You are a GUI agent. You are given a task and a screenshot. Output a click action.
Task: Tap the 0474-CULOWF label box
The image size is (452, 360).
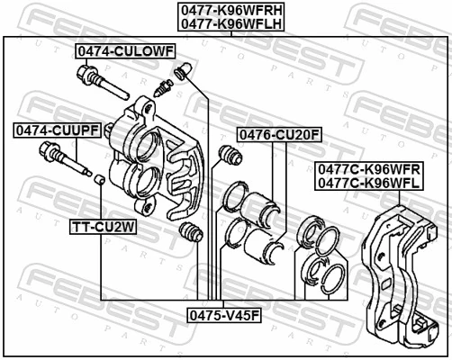pyautogui.click(x=124, y=51)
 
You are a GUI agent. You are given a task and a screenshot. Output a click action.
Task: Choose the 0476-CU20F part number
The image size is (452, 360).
pyautogui.click(x=279, y=135)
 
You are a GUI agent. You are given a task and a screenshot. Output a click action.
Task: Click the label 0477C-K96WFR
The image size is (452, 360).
pyautogui.click(x=368, y=168)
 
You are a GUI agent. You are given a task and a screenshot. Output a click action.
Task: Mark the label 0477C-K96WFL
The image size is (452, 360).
pyautogui.click(x=368, y=183)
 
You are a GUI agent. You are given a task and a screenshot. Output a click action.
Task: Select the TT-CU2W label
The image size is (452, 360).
pyautogui.click(x=104, y=227)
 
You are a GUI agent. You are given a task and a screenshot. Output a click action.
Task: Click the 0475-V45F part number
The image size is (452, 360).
pyautogui.click(x=223, y=315)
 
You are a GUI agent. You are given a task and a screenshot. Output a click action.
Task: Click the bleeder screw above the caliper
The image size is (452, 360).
pyautogui.click(x=164, y=87)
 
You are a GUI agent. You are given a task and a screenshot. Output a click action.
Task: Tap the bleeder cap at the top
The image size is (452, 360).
pyautogui.click(x=183, y=69)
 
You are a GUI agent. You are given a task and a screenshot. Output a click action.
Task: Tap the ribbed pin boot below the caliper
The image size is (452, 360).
pyautogui.click(x=190, y=234)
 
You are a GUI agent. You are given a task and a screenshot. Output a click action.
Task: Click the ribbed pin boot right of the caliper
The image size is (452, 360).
pyautogui.click(x=230, y=157)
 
